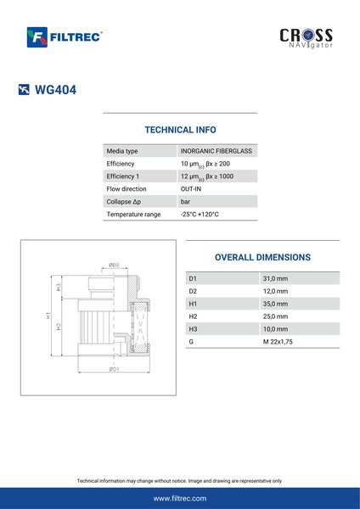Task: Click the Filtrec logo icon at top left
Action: click(x=37, y=37)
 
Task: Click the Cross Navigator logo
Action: click(x=306, y=38)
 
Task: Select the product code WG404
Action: click(x=55, y=90)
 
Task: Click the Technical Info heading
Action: click(x=180, y=130)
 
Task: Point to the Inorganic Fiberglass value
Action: click(x=217, y=151)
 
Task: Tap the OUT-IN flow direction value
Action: click(x=191, y=189)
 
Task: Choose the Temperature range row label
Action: click(x=133, y=215)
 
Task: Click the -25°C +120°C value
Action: click(x=200, y=215)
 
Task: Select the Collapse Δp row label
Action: click(x=124, y=202)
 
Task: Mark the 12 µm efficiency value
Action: click(x=207, y=176)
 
